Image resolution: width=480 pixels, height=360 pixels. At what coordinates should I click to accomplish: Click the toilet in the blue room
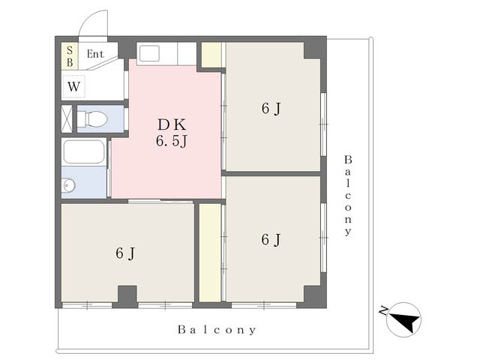click(92, 118)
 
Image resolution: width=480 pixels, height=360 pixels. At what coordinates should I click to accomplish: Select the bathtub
click(84, 151)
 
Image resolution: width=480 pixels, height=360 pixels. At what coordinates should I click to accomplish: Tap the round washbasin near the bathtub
click(68, 185)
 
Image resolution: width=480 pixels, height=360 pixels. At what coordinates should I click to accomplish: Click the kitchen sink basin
click(149, 53)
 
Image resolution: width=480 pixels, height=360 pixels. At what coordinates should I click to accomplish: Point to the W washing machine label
click(73, 87)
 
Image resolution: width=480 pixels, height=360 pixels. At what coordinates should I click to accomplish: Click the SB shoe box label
click(70, 56)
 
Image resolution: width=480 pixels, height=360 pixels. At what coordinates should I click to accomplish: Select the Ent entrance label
click(95, 54)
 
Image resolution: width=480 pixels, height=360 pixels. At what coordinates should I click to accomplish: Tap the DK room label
click(172, 125)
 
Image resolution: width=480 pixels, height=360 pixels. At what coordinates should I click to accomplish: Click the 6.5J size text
click(172, 141)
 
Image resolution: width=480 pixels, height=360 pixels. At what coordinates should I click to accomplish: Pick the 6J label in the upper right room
click(271, 108)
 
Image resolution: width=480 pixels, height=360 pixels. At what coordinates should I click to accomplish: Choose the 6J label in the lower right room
click(271, 240)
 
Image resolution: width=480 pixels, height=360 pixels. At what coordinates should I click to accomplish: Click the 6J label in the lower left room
click(125, 253)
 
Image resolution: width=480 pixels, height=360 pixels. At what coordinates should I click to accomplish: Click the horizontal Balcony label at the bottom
click(217, 330)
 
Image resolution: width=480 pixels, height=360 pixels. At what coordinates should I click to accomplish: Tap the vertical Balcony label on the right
click(348, 195)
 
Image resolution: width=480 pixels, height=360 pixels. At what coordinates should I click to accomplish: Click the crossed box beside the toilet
click(67, 118)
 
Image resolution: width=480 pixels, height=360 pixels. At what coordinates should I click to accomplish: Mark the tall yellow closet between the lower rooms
click(210, 253)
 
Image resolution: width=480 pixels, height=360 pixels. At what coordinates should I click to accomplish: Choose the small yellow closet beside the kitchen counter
click(211, 55)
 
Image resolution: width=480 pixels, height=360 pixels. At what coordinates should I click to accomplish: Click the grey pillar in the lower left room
click(127, 296)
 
